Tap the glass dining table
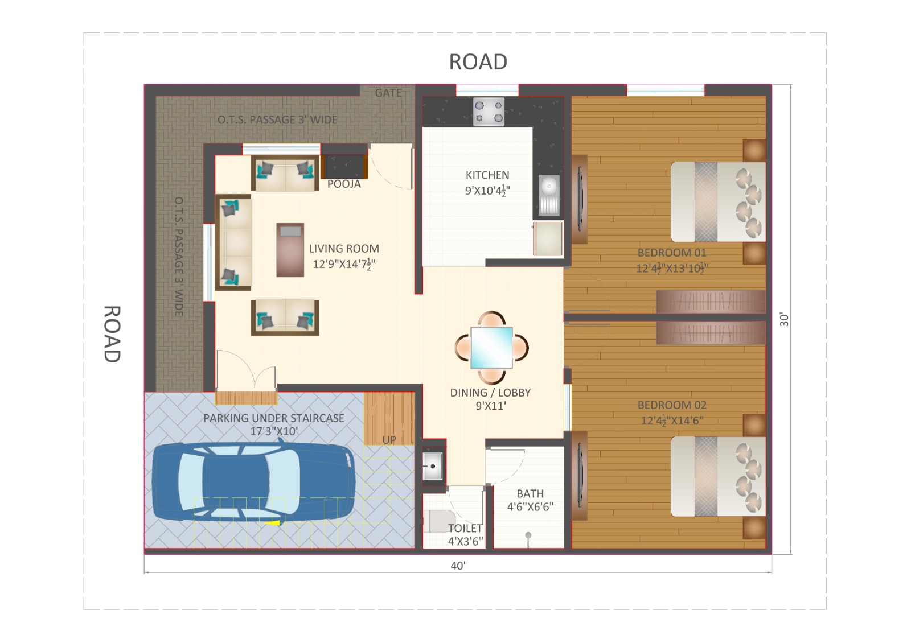click(492, 348)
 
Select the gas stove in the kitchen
click(489, 112)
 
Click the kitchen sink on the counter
click(549, 195)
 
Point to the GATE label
click(388, 93)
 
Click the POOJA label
click(344, 184)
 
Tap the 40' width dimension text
click(458, 566)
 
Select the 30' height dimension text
click(784, 319)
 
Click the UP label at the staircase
click(389, 440)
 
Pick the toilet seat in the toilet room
click(439, 521)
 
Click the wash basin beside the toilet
click(432, 466)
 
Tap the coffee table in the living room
click(290, 250)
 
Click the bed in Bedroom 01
click(718, 201)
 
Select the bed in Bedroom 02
click(718, 476)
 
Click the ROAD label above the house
click(478, 62)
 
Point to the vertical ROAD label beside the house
click(112, 333)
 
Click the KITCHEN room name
click(487, 175)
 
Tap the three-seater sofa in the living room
click(233, 242)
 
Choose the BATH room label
click(530, 493)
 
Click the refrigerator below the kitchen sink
click(548, 238)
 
